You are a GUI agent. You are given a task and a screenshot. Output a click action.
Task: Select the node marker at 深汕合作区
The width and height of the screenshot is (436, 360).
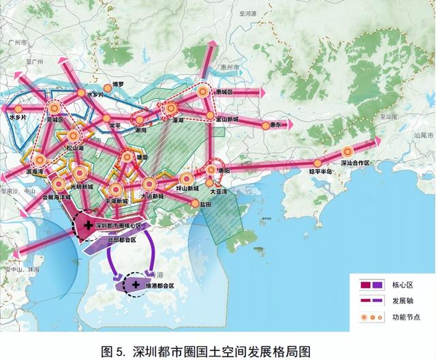[347, 152]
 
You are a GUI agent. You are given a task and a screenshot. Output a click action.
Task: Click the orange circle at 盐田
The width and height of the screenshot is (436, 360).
[196, 202]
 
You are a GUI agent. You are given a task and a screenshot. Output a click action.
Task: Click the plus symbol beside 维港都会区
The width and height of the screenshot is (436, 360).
[135, 284]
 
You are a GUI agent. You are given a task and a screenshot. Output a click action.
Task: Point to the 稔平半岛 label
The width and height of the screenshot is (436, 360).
[320, 171]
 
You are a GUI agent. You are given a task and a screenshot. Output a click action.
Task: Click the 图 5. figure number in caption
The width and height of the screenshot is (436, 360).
[114, 351]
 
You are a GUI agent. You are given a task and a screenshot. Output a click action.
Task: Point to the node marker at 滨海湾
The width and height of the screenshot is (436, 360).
[40, 161]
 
